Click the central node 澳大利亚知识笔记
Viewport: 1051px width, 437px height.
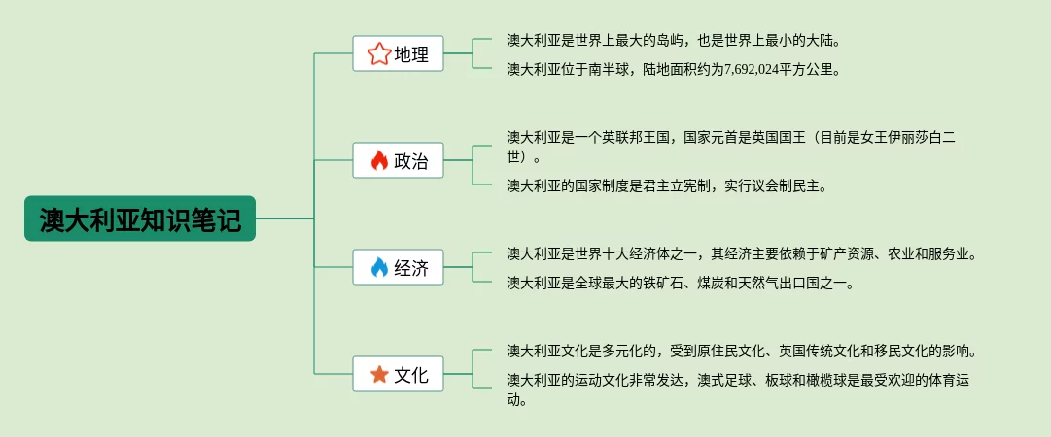(139, 219)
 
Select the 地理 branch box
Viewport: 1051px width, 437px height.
(398, 54)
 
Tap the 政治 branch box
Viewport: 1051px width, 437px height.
(398, 161)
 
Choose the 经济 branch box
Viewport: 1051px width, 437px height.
(398, 267)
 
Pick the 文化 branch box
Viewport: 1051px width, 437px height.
(398, 374)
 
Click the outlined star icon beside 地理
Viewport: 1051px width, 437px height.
(378, 54)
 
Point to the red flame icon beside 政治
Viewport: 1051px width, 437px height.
(379, 161)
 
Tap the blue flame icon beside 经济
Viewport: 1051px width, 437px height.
(379, 267)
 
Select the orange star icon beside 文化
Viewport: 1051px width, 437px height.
(379, 374)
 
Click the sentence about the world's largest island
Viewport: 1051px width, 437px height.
(673, 41)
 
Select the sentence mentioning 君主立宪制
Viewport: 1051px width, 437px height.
(666, 185)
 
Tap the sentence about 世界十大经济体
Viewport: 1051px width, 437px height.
(741, 254)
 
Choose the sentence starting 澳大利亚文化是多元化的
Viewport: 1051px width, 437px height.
(741, 351)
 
